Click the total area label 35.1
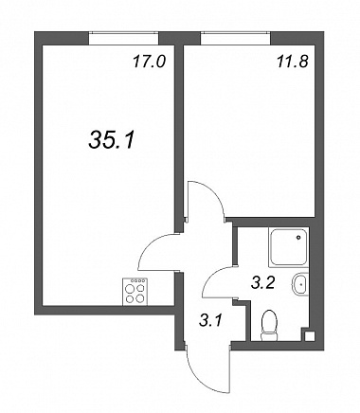(112, 139)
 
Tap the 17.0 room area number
(149, 62)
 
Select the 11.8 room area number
(292, 62)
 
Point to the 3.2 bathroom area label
(262, 283)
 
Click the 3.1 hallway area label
(210, 321)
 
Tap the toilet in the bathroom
(269, 326)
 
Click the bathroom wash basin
(299, 284)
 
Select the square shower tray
(288, 246)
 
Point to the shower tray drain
(298, 238)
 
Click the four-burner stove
(135, 292)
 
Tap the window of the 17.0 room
(123, 38)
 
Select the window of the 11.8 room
(235, 38)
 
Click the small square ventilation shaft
(310, 336)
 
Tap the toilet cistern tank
(269, 337)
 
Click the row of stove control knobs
(139, 280)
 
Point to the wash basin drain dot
(302, 284)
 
